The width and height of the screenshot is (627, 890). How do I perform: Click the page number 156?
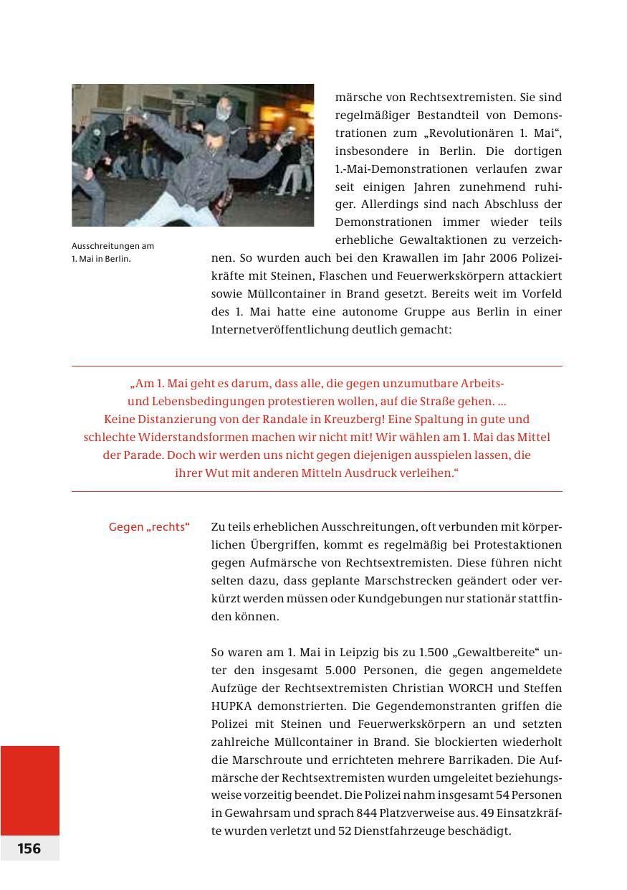[x=29, y=848]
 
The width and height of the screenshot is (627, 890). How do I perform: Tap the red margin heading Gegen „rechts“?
[x=149, y=528]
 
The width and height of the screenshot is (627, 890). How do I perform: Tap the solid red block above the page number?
[x=29, y=790]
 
